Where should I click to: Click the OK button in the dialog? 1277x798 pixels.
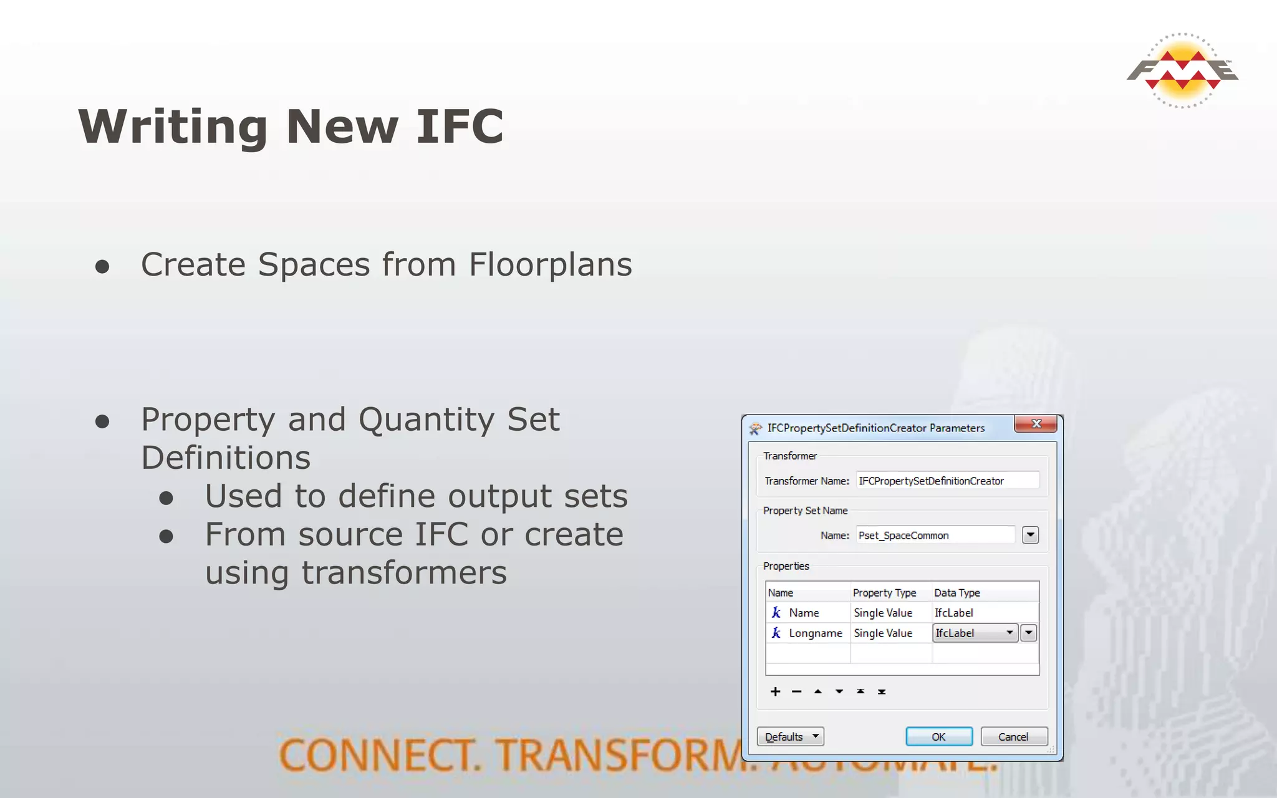(938, 736)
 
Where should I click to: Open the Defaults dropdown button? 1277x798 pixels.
(790, 736)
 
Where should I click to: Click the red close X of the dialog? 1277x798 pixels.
(1036, 424)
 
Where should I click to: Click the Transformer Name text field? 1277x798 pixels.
(947, 481)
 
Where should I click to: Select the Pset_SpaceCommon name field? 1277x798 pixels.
(935, 535)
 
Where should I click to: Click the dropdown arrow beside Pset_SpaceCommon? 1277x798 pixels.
(1030, 535)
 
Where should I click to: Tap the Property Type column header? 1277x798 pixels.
(884, 592)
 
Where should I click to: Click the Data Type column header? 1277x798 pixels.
(957, 592)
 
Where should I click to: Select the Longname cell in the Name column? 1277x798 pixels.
(815, 633)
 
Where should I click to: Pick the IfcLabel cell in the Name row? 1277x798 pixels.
(954, 613)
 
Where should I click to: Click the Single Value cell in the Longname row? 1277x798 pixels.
(883, 633)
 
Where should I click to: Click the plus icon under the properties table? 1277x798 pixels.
(775, 691)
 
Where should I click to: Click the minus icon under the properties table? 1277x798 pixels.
(796, 691)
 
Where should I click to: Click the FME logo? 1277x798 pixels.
(1182, 70)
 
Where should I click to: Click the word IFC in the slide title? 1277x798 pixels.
(460, 127)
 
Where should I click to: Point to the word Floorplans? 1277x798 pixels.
(550, 264)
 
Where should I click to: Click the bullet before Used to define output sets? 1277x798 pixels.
(166, 498)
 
